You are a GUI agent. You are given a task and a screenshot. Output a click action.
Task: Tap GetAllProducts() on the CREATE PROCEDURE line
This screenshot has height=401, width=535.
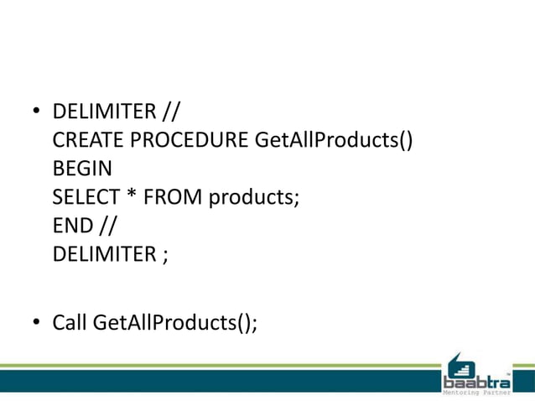[x=333, y=139]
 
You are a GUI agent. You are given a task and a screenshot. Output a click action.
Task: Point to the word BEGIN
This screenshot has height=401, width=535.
[x=82, y=168]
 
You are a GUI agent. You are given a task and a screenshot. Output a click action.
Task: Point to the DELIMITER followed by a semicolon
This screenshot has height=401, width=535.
[x=101, y=253]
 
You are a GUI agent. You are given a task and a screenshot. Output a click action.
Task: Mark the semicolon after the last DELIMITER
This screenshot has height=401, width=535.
[x=165, y=255]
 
